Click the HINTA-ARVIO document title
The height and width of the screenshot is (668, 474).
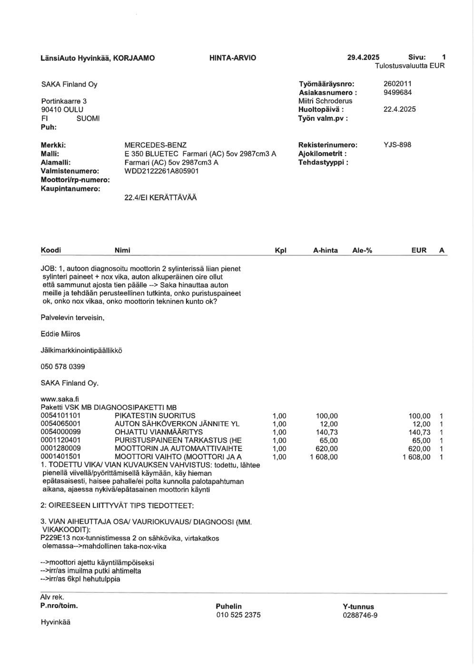pos(232,58)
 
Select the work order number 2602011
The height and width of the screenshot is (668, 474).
pos(397,84)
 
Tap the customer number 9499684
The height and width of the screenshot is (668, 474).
pos(397,93)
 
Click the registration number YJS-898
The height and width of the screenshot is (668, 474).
pos(397,145)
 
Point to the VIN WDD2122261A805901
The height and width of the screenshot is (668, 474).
pos(161,171)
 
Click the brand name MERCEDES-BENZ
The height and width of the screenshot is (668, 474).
pos(155,145)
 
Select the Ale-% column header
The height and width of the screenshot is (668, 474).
pos(362,250)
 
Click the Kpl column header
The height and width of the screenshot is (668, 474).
pos(281,250)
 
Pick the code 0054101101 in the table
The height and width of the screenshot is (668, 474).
pos(60,416)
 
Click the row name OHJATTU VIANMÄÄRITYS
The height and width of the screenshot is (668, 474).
pos(158,432)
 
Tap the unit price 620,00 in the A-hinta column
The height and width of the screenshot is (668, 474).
pos(327,449)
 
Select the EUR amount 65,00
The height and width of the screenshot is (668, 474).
pos(421,441)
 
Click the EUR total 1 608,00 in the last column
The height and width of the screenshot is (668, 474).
pos(416,457)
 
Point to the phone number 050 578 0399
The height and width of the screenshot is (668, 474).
pos(63,367)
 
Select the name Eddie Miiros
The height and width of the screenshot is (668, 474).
pos(60,334)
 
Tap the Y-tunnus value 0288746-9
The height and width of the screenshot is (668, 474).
pos(360,615)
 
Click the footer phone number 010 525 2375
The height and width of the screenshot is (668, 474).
pos(238,615)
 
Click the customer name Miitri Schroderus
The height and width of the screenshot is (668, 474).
pos(325,101)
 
